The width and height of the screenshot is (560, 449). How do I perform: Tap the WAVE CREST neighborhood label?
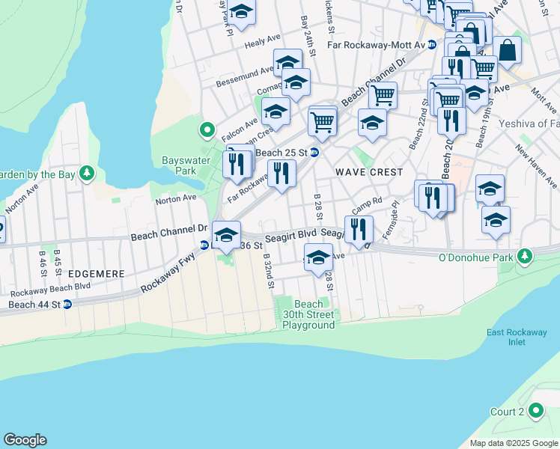coord(369,172)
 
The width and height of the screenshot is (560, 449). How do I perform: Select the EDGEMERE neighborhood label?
coord(94,274)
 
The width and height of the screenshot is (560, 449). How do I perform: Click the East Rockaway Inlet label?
coord(506,337)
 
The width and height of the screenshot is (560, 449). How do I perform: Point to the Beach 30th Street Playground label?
coord(308,314)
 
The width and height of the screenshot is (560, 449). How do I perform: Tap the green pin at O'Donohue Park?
coord(526,257)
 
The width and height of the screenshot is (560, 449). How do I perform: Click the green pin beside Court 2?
coord(535,411)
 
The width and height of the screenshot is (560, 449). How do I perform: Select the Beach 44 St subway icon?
coord(67,305)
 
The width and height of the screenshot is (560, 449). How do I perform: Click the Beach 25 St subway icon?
coord(315,153)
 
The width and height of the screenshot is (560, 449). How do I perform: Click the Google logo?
coord(25,440)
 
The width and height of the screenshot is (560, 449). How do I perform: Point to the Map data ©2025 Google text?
coord(513,442)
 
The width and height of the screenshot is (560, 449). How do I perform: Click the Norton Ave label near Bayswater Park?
coord(175,198)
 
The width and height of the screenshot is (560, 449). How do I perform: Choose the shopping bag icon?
coord(508,50)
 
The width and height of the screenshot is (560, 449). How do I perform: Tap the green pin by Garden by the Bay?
coord(88,174)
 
